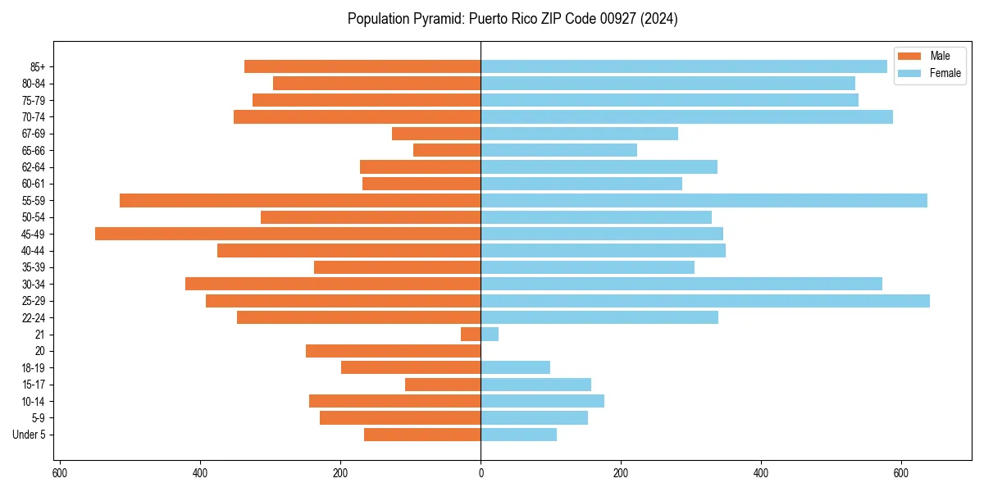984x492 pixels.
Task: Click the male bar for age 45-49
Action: (x=287, y=234)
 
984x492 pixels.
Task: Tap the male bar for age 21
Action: (x=471, y=335)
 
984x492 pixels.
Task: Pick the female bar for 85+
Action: (x=684, y=66)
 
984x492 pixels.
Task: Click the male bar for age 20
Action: (x=393, y=351)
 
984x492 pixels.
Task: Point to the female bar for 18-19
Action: (x=515, y=367)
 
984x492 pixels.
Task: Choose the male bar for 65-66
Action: (x=447, y=150)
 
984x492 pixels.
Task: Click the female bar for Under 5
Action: (x=518, y=435)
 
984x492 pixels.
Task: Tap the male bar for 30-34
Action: (x=333, y=284)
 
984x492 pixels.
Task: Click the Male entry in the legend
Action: (x=940, y=56)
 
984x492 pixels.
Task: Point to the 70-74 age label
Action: (x=34, y=117)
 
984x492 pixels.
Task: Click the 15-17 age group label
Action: (x=34, y=385)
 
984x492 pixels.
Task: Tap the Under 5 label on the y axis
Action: (x=29, y=435)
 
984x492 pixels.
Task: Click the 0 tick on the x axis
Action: (x=481, y=472)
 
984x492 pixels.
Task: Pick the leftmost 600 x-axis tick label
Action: (x=60, y=472)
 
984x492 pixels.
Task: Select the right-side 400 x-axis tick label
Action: (x=761, y=472)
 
